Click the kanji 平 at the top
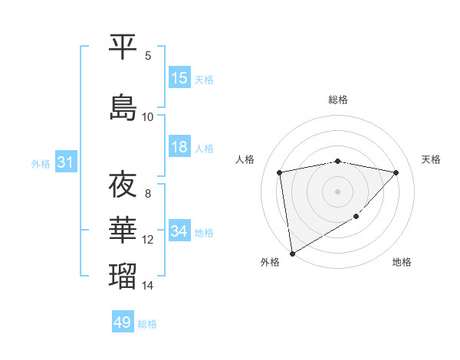click(x=123, y=47)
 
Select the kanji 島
click(x=123, y=107)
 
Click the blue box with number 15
click(x=179, y=77)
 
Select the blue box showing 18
click(x=179, y=147)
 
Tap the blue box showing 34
click(x=179, y=231)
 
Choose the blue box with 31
click(x=65, y=162)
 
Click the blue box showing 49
click(x=123, y=322)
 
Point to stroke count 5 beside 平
click(x=148, y=55)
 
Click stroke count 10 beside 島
click(x=148, y=116)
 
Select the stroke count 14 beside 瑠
click(x=148, y=286)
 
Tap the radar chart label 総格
click(x=338, y=100)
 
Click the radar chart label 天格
click(x=432, y=159)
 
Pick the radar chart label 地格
click(x=402, y=263)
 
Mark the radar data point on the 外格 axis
click(x=291, y=253)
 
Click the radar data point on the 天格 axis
click(x=396, y=172)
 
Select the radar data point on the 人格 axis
click(x=280, y=172)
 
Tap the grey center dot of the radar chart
click(x=338, y=191)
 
